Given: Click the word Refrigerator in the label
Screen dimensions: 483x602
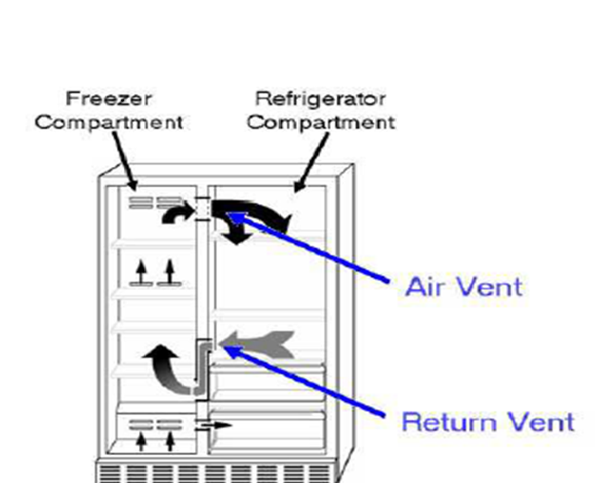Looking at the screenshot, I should [x=321, y=98].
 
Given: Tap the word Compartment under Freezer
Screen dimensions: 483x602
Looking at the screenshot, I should [x=109, y=122].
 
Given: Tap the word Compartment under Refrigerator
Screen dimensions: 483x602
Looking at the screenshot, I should [x=321, y=122].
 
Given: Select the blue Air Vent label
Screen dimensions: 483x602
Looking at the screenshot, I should [x=463, y=286].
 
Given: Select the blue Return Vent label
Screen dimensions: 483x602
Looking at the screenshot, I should [x=487, y=421].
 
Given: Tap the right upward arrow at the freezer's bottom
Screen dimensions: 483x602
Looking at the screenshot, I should [x=170, y=441].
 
